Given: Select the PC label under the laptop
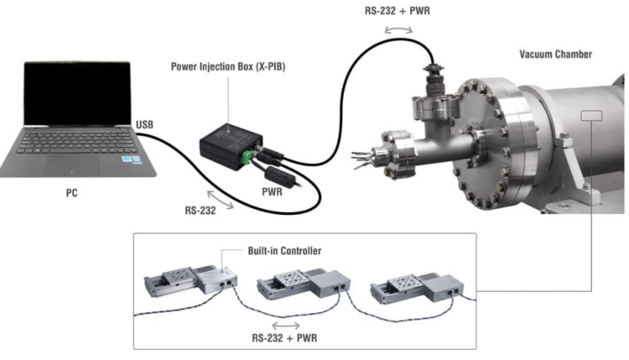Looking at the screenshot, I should coord(72,193).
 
